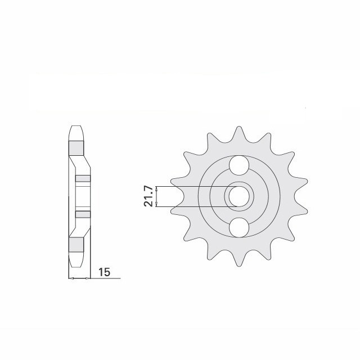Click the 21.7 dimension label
(148, 196)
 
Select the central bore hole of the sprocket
(240, 196)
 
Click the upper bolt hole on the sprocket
(240, 165)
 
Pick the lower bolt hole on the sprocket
(240, 227)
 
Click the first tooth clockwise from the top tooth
(269, 137)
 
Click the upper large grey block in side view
(76, 147)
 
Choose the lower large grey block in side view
(76, 244)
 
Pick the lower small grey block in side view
(83, 214)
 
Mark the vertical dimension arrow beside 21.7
(158, 196)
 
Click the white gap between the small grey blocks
(83, 196)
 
